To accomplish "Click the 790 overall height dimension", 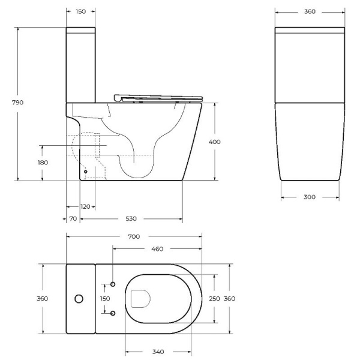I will tap(17, 103).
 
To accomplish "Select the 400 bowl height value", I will tap(215, 142).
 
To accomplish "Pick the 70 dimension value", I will tap(73, 219).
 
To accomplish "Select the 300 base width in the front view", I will tap(311, 197).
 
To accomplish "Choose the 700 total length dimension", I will tap(134, 236).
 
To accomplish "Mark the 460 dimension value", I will tap(157, 249).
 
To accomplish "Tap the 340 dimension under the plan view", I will tap(158, 352).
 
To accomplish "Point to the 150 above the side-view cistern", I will tap(80, 11).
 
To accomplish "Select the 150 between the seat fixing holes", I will tap(105, 298).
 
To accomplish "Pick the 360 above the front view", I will tap(310, 11).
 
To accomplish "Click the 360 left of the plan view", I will tap(43, 298).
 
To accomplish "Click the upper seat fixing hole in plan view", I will tap(113, 283).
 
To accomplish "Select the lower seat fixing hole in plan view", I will tap(113, 313).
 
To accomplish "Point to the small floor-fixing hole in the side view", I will tap(85, 170).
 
